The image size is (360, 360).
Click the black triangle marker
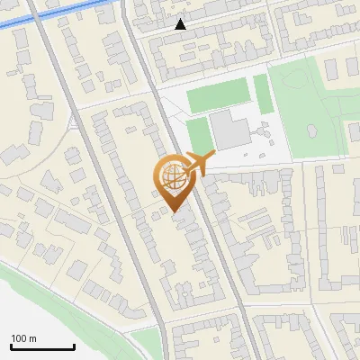coord(181,24)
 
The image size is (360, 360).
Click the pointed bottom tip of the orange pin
coord(175,212)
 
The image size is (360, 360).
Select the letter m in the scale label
coord(33,338)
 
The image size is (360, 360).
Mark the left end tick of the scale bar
coord(11,346)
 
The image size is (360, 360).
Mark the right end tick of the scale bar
coord(74,346)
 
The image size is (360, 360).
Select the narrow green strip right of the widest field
coord(262,94)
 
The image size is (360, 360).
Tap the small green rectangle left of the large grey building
coord(197,135)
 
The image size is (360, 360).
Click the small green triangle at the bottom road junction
coord(144,338)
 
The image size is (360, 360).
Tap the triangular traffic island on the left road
coord(72,121)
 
